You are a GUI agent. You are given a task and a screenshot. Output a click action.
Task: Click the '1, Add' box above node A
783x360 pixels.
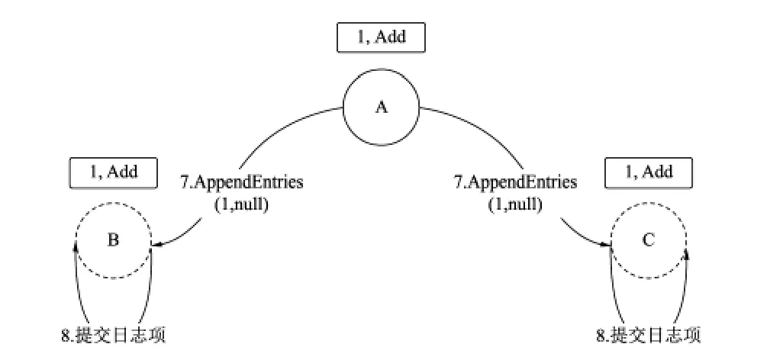click(x=381, y=37)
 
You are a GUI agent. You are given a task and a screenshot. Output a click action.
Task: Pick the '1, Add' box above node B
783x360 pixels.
click(x=114, y=172)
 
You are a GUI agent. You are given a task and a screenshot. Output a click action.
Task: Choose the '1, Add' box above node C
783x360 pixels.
click(x=649, y=172)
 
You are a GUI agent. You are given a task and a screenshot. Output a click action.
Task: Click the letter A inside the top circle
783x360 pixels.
click(x=381, y=108)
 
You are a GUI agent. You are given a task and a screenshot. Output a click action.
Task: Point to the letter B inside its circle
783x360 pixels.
click(x=114, y=240)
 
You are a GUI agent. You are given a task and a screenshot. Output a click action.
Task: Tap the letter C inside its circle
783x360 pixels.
click(x=649, y=240)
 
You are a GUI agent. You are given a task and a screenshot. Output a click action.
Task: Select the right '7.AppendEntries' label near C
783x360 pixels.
click(x=516, y=183)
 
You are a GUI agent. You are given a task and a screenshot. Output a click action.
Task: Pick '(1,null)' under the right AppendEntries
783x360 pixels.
click(x=516, y=204)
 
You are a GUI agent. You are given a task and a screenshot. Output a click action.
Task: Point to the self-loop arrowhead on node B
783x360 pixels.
click(x=76, y=246)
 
